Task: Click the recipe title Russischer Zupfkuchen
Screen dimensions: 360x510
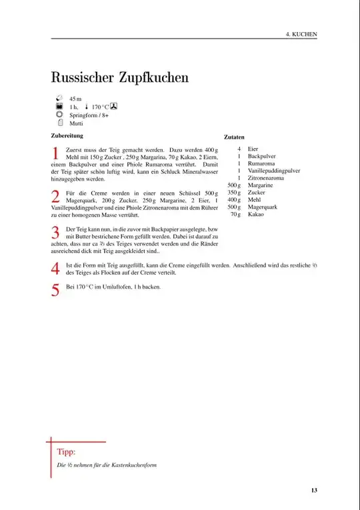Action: pyautogui.click(x=120, y=77)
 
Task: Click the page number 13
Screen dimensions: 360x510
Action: pyautogui.click(x=313, y=491)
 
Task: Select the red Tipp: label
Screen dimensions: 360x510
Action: pyautogui.click(x=66, y=451)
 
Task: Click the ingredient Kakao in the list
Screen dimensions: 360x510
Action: pyautogui.click(x=255, y=215)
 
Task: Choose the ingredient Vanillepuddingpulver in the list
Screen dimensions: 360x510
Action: pyautogui.click(x=273, y=171)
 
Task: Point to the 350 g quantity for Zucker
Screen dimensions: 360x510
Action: pyautogui.click(x=233, y=193)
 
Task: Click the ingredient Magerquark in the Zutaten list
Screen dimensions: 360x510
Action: pyautogui.click(x=262, y=207)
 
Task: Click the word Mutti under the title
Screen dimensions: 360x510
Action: pyautogui.click(x=76, y=123)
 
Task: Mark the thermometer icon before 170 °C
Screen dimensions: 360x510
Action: pyautogui.click(x=87, y=107)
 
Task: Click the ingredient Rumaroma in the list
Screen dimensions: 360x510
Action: pyautogui.click(x=261, y=163)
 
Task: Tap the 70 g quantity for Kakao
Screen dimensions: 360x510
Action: pyautogui.click(x=235, y=215)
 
